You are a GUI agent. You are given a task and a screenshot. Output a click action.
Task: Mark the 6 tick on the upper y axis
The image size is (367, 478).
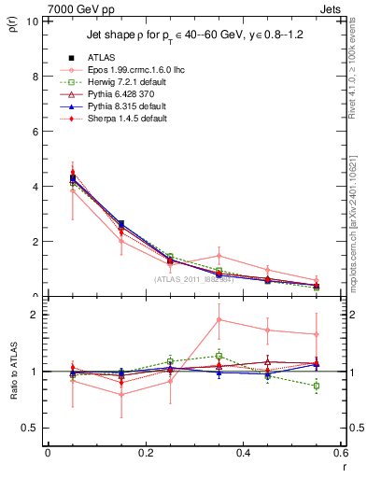(x=35, y=132)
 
